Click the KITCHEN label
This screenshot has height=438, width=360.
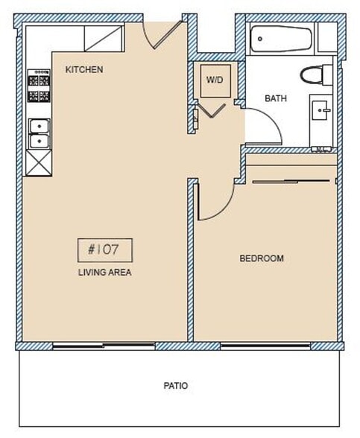[83, 70]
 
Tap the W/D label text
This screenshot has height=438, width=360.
[215, 79]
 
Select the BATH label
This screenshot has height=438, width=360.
[276, 98]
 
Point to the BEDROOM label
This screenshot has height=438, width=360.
[261, 258]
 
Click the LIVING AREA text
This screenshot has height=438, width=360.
[104, 273]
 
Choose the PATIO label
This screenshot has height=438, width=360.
[175, 386]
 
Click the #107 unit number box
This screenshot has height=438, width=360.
[104, 248]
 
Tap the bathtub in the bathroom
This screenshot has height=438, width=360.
[280, 39]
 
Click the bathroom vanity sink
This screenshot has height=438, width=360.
[323, 112]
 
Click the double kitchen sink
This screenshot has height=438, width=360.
[37, 133]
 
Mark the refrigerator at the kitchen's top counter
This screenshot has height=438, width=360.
[103, 37]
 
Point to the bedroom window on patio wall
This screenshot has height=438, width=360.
[265, 346]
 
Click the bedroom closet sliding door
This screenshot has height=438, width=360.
[291, 180]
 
